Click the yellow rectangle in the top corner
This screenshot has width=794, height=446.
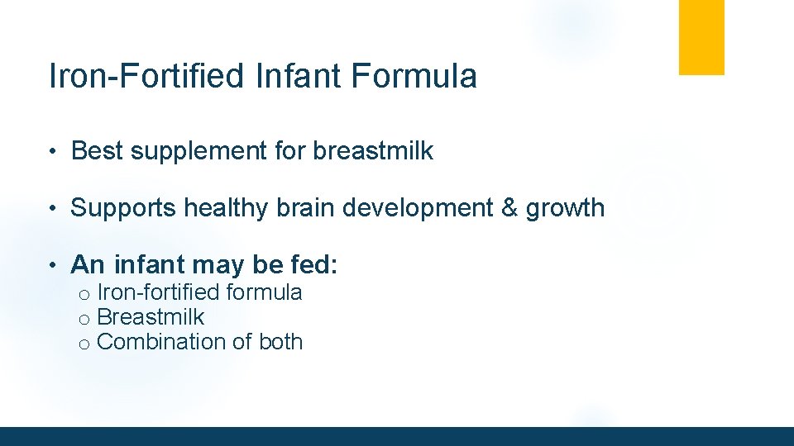coord(701,37)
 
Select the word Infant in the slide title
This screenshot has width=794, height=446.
coord(299,76)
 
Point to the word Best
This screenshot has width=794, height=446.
coord(95,151)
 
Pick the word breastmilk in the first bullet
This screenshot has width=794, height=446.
coord(373,151)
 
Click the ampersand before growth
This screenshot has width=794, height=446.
coord(509,208)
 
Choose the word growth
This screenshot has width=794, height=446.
coord(566,208)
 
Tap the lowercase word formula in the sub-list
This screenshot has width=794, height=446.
coord(264,292)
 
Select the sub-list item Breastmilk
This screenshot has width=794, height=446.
coord(151,317)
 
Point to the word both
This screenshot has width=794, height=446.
coord(281,342)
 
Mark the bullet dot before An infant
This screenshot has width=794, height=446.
coord(51,265)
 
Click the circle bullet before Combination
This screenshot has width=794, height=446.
coord(84,344)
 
